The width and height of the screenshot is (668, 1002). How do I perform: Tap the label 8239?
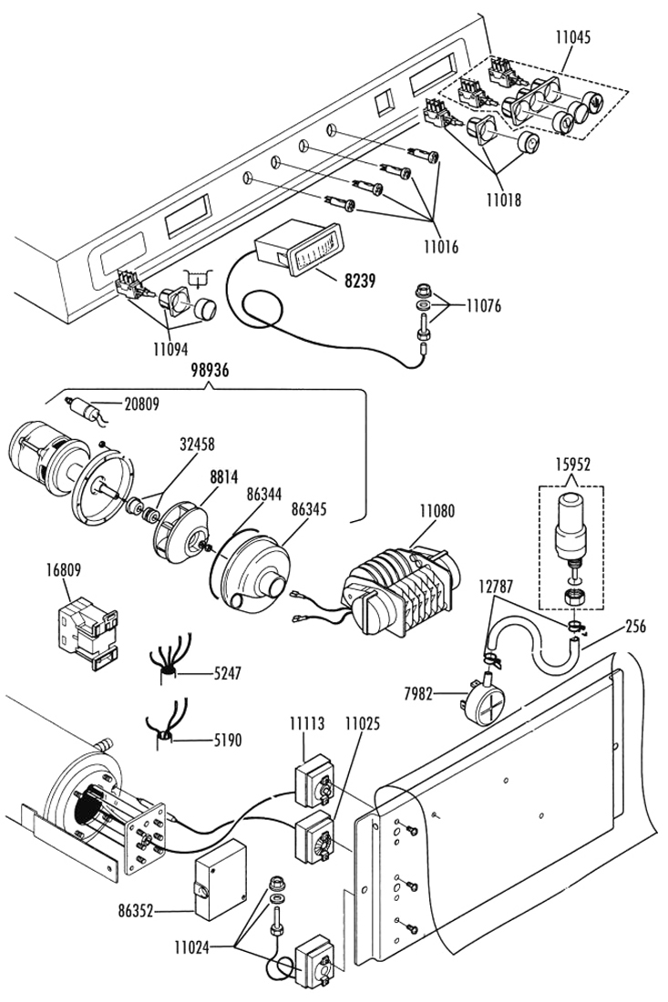[x=360, y=280]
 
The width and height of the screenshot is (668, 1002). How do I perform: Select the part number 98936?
[x=211, y=370]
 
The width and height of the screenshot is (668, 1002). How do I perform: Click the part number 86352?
[x=136, y=911]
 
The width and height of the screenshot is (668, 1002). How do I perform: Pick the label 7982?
[x=419, y=693]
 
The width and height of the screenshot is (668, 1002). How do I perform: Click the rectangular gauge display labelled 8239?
[x=296, y=252]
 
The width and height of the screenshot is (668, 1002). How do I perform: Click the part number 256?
[x=635, y=625]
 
